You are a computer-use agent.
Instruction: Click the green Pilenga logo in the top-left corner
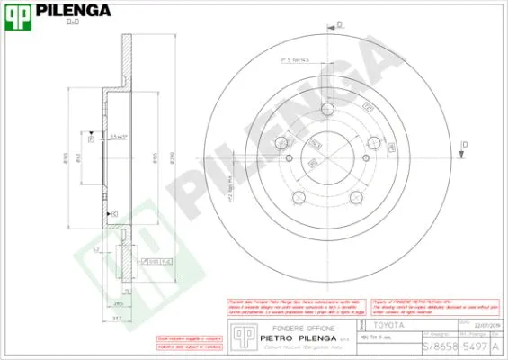pos(19,13)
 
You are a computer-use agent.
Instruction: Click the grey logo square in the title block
pos(242,334)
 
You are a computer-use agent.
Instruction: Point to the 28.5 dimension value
pos(118,304)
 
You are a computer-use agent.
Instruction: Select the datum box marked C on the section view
pos(113,213)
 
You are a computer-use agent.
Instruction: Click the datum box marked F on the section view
pos(91,139)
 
